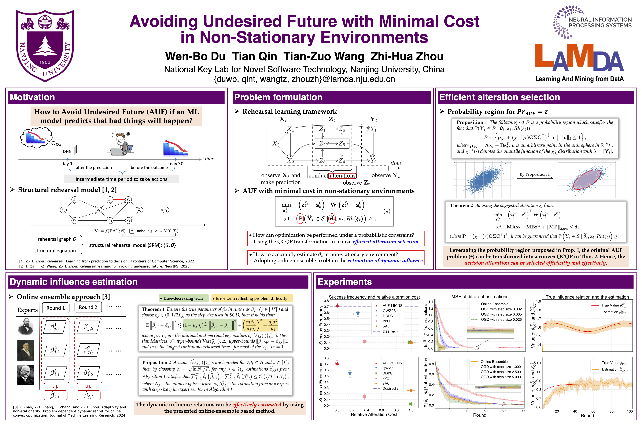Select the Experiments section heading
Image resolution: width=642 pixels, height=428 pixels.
(x=344, y=282)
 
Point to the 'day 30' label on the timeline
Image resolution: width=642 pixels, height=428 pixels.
(x=176, y=164)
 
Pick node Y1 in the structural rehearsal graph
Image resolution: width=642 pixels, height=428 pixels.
(x=165, y=210)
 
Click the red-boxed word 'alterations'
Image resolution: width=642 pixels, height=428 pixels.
(x=342, y=176)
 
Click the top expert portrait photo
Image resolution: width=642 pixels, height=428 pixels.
(x=26, y=326)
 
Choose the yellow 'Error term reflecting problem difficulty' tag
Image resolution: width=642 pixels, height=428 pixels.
(x=252, y=298)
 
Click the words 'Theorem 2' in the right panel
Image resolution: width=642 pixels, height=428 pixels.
(x=461, y=206)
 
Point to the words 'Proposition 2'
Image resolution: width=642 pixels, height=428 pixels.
(x=156, y=362)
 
